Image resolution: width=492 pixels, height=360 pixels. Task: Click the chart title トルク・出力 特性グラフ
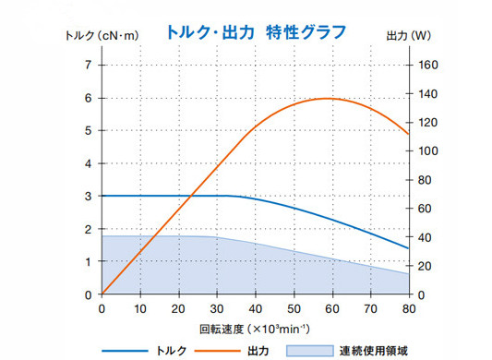(x=256, y=32)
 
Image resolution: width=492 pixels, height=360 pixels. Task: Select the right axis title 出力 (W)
(x=407, y=37)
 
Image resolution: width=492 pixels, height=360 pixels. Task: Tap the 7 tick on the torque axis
(x=89, y=65)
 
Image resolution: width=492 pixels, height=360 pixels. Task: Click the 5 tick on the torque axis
(x=89, y=130)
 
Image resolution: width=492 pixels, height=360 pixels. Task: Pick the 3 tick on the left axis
(x=89, y=196)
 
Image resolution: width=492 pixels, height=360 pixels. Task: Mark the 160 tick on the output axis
(x=427, y=65)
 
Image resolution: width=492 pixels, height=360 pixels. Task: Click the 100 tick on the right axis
(x=427, y=151)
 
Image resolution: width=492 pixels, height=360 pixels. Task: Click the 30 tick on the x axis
(x=216, y=308)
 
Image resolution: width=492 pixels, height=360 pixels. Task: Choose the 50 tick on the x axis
(x=293, y=308)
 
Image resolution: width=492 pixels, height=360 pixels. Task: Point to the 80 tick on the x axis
(x=407, y=308)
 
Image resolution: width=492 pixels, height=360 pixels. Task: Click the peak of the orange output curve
(x=327, y=98)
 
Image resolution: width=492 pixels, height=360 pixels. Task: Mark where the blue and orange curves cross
(x=190, y=196)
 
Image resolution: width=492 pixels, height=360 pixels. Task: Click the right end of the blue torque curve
(x=407, y=248)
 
